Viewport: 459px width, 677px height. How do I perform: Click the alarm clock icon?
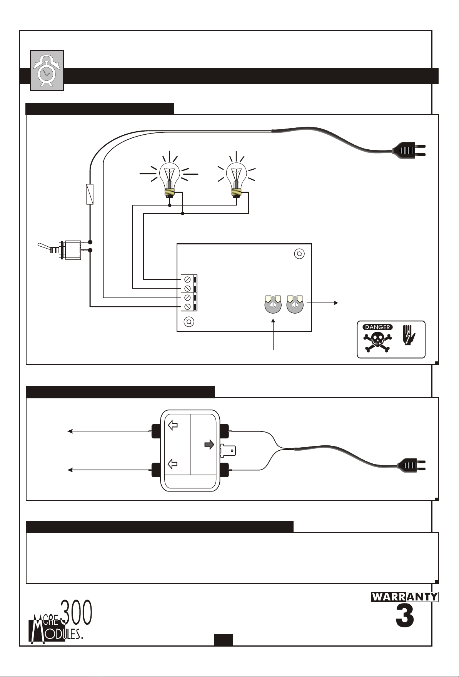(47, 70)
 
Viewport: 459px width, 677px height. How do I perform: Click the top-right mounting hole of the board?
(299, 254)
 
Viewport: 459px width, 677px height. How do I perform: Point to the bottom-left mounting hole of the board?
(189, 321)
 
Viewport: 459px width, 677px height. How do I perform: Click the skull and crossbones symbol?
(377, 341)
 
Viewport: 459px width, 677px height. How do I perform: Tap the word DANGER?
(377, 327)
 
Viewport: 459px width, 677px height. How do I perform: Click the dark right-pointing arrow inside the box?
(209, 445)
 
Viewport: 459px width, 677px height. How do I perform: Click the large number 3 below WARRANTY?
(405, 617)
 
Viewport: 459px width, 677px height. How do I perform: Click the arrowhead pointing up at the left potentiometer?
(273, 321)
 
